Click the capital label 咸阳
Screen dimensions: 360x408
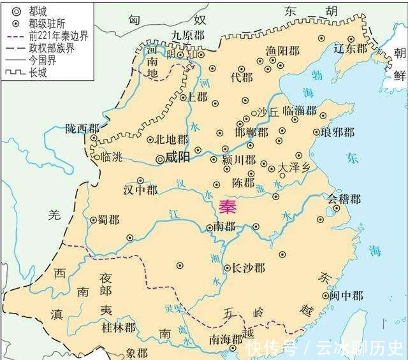pos(177,158)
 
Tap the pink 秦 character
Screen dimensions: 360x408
pos(228,207)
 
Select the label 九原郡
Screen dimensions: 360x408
pos(187,36)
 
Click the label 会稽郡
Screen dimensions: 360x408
pos(344,199)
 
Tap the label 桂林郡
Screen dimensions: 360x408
pos(119,328)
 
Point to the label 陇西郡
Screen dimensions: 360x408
pos(82,128)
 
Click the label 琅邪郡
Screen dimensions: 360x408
pos(339,133)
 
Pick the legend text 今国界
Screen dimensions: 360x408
pos(43,60)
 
